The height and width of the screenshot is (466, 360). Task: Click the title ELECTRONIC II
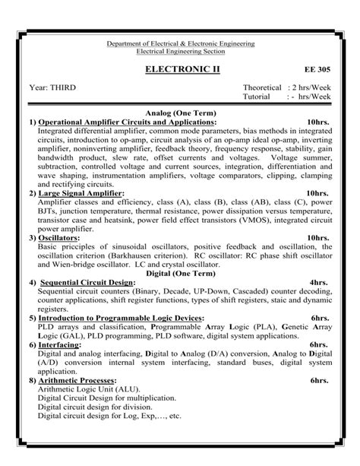pyautogui.click(x=180, y=69)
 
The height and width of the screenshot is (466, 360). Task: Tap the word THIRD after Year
pyautogui.click(x=62, y=87)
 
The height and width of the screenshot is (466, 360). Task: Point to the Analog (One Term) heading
pyautogui.click(x=179, y=112)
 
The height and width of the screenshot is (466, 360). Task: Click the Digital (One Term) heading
pyautogui.click(x=179, y=271)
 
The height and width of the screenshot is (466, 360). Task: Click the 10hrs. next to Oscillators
pyautogui.click(x=317, y=238)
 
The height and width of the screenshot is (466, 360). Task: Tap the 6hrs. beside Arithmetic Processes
pyautogui.click(x=319, y=379)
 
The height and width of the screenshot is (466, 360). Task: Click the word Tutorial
pyautogui.click(x=259, y=97)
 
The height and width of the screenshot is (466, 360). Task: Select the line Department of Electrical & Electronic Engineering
pyautogui.click(x=179, y=44)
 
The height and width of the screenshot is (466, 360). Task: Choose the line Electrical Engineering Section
pyautogui.click(x=179, y=52)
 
